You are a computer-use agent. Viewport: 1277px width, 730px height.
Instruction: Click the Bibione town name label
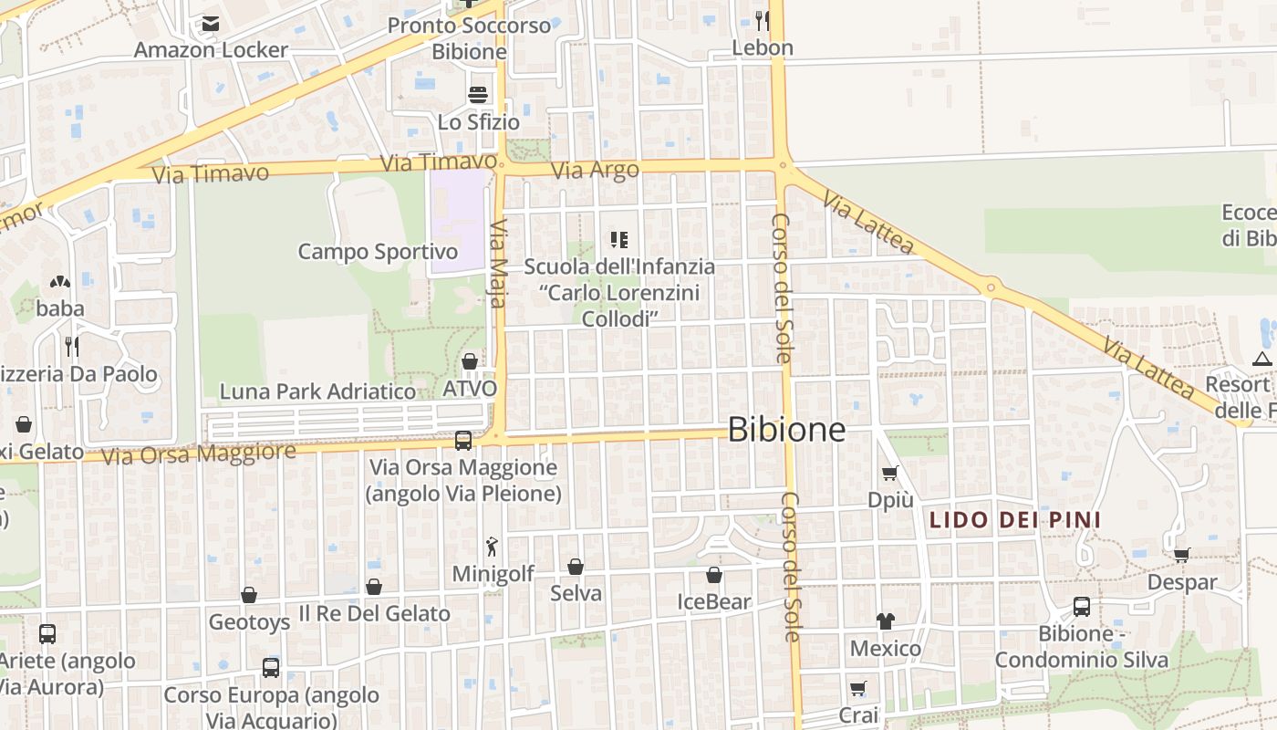786,430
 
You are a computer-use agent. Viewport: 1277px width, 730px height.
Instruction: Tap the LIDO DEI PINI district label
1014,520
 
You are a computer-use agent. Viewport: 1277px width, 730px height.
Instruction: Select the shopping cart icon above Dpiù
889,473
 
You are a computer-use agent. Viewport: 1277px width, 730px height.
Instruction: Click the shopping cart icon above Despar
1182,554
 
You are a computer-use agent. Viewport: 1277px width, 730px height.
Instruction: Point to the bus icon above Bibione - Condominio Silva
1081,606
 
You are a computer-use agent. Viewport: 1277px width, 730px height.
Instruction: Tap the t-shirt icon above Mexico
885,621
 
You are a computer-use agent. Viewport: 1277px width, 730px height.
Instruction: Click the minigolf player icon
493,547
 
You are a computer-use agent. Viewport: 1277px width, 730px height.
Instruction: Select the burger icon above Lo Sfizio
478,94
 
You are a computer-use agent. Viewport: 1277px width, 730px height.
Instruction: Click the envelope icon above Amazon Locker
211,24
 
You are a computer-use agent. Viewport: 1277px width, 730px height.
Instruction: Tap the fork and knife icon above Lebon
763,20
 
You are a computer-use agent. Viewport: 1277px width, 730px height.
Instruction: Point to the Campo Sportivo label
378,251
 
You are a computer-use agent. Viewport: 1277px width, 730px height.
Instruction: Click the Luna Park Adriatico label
317,391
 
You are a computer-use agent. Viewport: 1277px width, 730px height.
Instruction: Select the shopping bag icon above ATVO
469,361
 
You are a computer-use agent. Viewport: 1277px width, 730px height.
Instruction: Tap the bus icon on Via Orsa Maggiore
463,441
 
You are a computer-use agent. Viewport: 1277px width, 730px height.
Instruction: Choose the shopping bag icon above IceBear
714,575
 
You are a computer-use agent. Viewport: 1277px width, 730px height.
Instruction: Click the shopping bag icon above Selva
576,567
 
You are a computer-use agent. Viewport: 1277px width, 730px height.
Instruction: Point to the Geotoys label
249,622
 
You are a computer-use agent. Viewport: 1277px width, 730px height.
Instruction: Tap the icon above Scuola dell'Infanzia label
619,240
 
